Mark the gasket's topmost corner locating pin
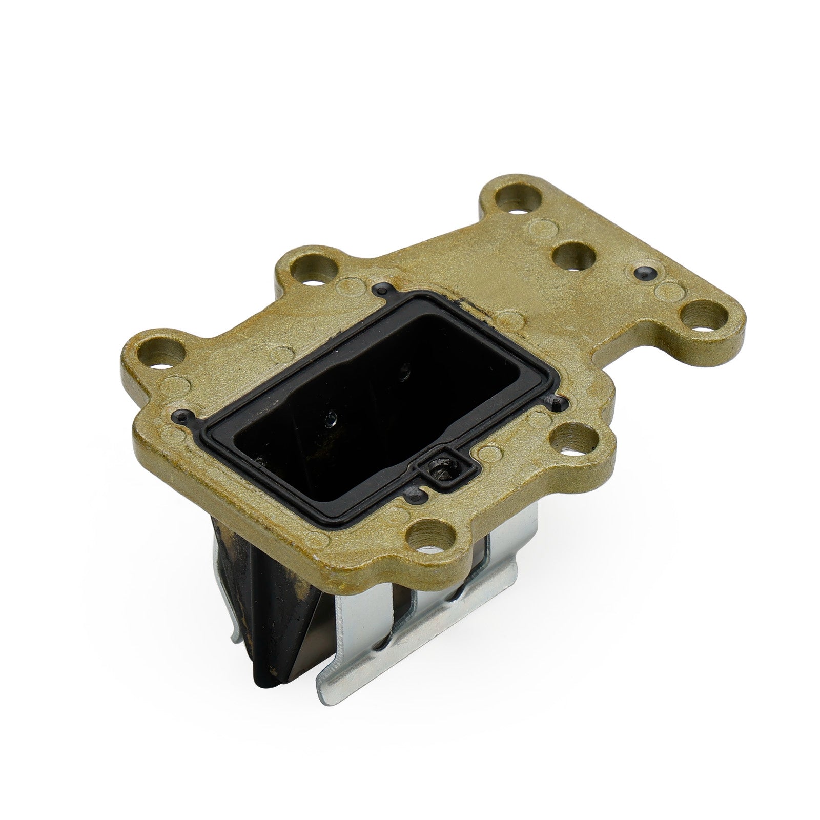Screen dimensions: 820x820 point(380,291)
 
